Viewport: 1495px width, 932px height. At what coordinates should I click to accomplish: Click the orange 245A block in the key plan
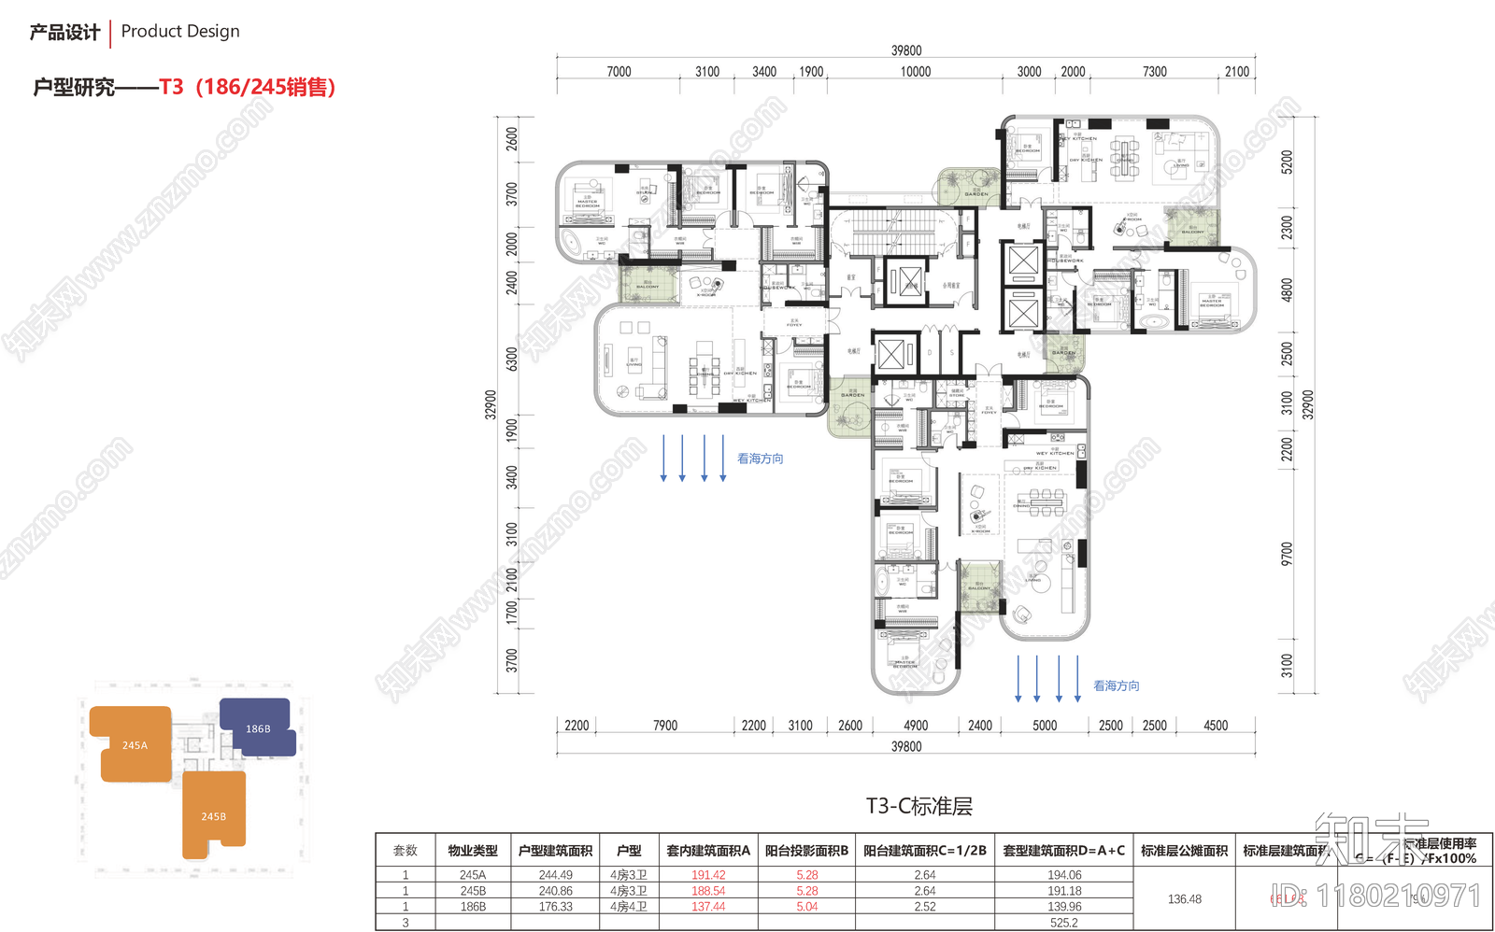(134, 744)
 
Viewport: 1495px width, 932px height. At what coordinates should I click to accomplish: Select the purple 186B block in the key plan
(258, 728)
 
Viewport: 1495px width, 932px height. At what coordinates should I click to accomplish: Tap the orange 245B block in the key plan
(213, 815)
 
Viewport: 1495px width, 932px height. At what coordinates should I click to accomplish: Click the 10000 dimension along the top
(915, 72)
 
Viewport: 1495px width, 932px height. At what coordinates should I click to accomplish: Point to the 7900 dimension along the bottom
(664, 726)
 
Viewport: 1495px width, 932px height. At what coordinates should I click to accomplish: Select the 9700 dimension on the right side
(1287, 554)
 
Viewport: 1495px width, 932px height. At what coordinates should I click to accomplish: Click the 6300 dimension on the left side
(511, 359)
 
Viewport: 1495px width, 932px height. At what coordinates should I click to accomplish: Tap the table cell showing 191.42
(707, 875)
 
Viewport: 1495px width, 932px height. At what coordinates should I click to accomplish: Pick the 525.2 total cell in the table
(1063, 923)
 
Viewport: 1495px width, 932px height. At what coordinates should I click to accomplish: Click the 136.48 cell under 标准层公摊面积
(1184, 899)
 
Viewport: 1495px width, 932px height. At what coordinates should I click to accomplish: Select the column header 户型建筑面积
(555, 851)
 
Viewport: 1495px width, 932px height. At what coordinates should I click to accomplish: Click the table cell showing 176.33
(555, 907)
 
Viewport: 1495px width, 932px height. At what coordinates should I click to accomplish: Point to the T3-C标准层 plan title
(918, 807)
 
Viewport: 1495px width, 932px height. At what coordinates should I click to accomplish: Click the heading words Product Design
(180, 32)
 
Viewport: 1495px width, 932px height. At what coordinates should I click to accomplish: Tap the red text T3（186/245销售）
(247, 87)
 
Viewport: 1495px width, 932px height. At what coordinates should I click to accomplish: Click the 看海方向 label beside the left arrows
(760, 459)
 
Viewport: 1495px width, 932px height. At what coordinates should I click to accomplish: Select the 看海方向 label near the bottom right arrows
(1116, 685)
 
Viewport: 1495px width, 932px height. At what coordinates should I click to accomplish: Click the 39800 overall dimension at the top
(905, 50)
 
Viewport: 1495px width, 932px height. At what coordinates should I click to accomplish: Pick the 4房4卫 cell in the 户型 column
(628, 907)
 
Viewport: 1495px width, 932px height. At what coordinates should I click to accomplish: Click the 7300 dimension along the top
(1154, 72)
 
